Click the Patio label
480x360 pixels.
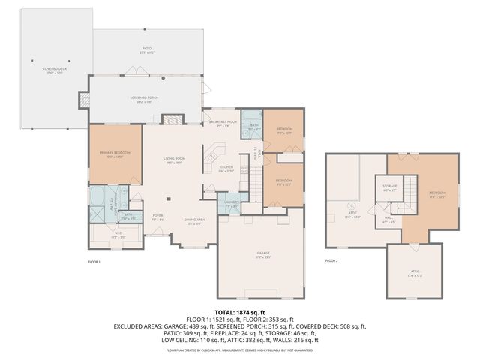click(x=147, y=31)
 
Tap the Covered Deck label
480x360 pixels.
click(x=55, y=69)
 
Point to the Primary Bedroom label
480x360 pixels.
click(x=115, y=154)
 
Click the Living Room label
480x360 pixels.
click(x=175, y=159)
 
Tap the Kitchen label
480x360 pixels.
click(x=226, y=168)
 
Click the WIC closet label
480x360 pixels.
click(x=118, y=235)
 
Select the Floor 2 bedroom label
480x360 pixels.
click(x=436, y=194)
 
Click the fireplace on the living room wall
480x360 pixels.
click(x=172, y=120)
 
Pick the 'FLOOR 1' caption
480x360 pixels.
click(x=94, y=261)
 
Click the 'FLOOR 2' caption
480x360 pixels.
click(x=331, y=261)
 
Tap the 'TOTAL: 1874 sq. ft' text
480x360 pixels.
click(x=240, y=312)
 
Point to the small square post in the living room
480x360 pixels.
click(x=168, y=199)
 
